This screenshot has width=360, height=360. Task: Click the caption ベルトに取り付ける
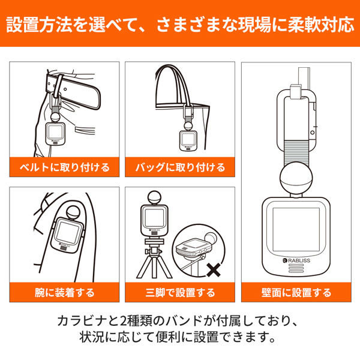pos(62,167)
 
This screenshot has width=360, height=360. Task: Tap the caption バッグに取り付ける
pos(179,167)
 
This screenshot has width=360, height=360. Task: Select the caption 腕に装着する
pos(62,293)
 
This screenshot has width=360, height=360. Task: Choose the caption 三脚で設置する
pos(179,293)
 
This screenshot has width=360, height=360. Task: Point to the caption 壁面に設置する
pos(297,293)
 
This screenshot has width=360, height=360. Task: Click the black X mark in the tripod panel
pos(211,269)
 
